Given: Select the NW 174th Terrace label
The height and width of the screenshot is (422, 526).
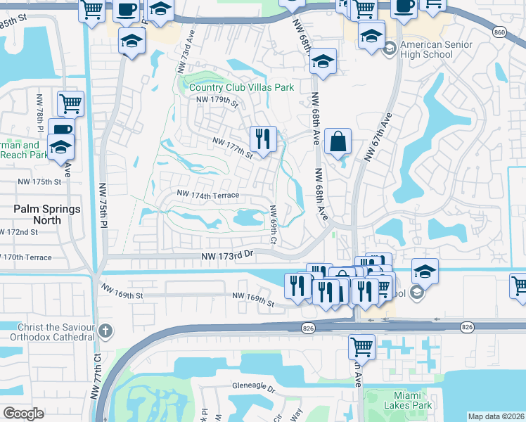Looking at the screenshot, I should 208,194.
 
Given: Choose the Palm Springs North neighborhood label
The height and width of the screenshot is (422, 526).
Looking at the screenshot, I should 48,215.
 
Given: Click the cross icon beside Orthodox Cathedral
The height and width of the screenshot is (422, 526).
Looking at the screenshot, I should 105,331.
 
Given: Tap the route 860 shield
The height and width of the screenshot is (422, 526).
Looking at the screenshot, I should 499,32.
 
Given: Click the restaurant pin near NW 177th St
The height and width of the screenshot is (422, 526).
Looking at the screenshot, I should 264,139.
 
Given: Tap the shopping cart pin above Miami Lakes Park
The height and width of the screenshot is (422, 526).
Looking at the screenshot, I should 361,346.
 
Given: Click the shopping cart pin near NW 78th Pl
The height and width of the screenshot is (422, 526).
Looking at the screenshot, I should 70,104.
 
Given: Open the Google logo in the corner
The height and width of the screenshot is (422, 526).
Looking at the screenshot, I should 23,414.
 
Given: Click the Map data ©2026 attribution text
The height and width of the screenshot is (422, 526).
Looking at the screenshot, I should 496,416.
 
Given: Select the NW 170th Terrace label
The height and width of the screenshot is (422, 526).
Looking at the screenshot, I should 26,257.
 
